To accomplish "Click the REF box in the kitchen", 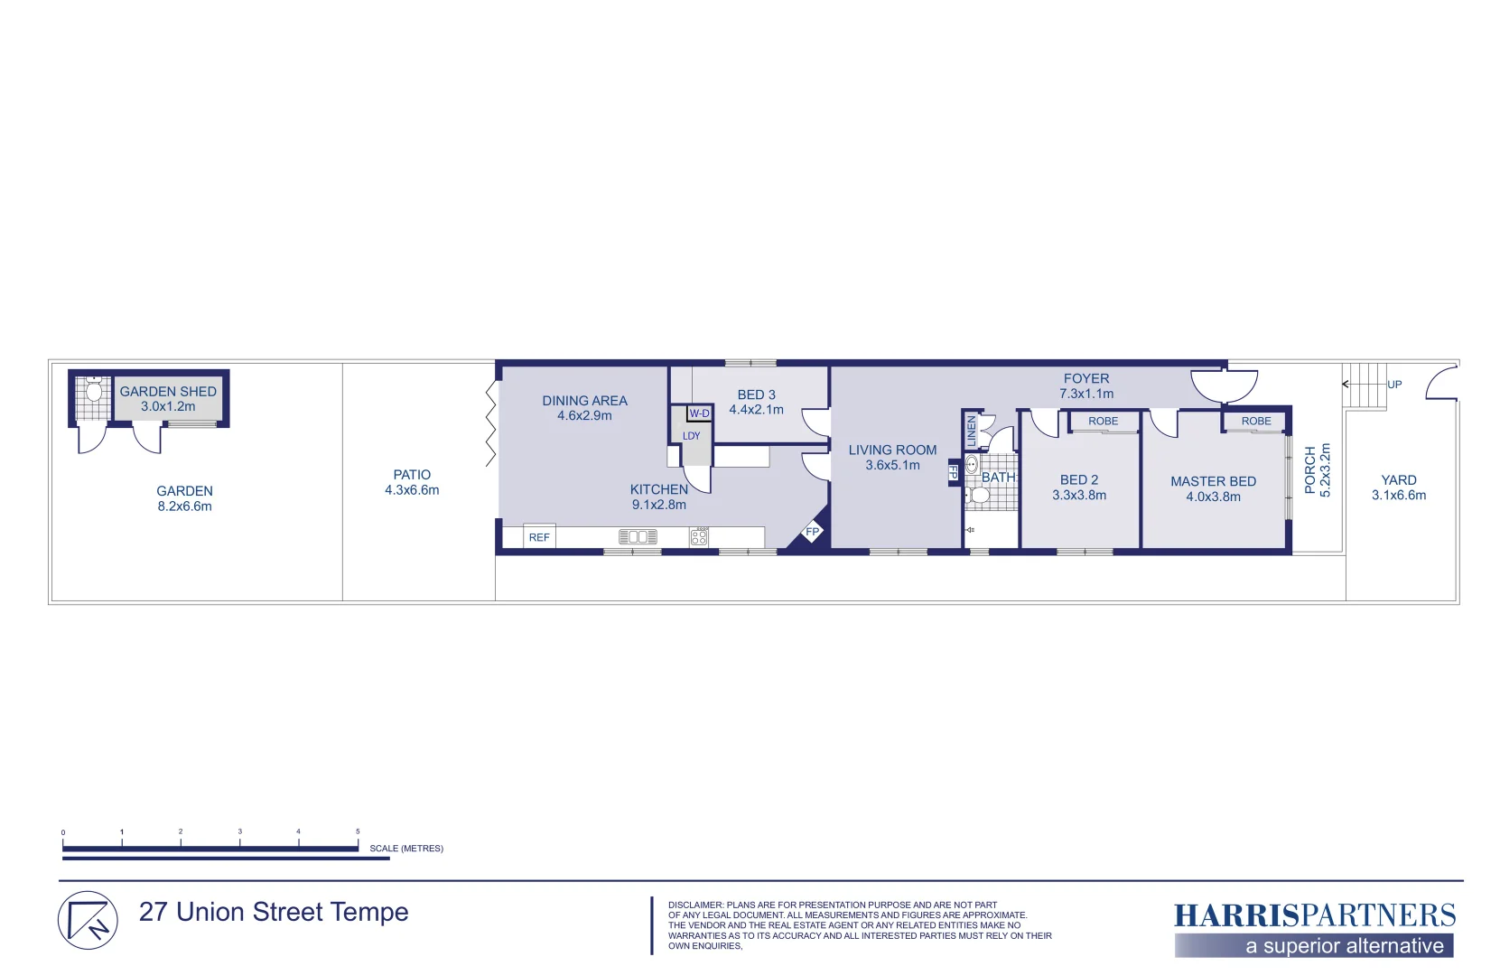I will click(539, 537).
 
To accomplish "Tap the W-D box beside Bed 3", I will click(700, 413).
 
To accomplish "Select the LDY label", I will click(692, 436).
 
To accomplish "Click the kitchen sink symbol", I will click(638, 537).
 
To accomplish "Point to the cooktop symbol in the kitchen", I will click(699, 537).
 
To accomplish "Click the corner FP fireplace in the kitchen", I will click(812, 533).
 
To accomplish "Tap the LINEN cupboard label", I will click(972, 431).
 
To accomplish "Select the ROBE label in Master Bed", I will click(1256, 422).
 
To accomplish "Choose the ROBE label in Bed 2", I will click(1103, 422).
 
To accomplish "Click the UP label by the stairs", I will click(1394, 385).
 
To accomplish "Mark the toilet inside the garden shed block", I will click(94, 392).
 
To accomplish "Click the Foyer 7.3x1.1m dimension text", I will click(1086, 394).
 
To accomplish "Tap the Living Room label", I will click(892, 450).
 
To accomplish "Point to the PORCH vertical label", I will click(1310, 469).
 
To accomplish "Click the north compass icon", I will click(88, 921).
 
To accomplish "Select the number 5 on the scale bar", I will click(358, 831).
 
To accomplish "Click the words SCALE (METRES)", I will click(406, 849).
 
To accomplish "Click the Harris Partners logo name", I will click(1314, 916).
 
